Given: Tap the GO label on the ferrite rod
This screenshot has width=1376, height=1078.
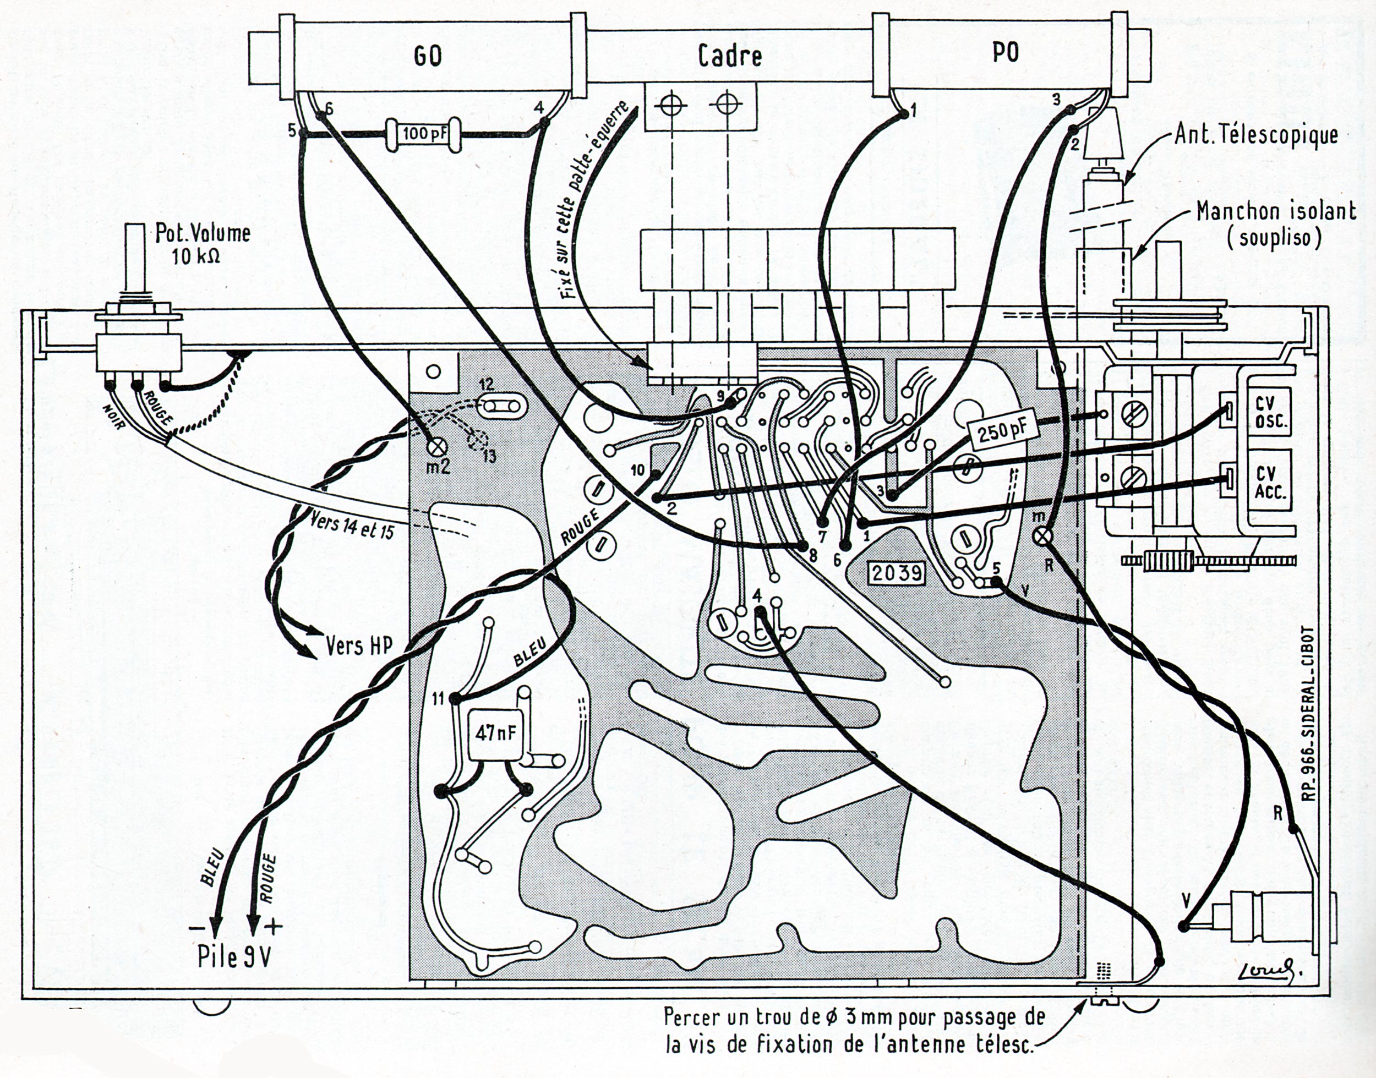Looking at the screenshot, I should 427,57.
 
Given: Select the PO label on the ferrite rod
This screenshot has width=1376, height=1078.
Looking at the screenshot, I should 1006,53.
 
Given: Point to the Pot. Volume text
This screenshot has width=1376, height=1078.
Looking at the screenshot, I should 202,242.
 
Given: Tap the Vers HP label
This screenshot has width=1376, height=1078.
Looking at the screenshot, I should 358,645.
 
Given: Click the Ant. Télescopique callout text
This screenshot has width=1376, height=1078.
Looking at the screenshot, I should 1256,136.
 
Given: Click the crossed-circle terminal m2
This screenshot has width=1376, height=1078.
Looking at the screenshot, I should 438,447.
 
